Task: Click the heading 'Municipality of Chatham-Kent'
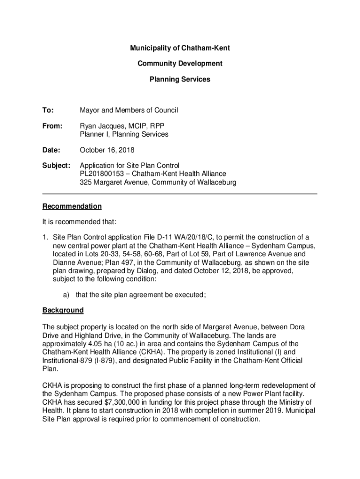tap(180, 48)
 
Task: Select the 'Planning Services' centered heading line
tap(180, 80)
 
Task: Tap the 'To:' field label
tap(48, 110)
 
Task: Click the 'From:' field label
tap(52, 126)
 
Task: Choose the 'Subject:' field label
tap(56, 166)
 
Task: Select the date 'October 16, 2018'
tap(107, 150)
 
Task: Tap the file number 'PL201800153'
tap(101, 174)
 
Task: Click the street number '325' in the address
tap(86, 182)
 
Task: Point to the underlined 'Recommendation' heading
tap(72, 206)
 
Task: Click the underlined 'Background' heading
tap(63, 310)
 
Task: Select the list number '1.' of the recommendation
tap(45, 238)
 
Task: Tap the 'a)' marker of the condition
tap(62, 295)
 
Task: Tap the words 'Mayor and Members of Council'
tap(129, 110)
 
